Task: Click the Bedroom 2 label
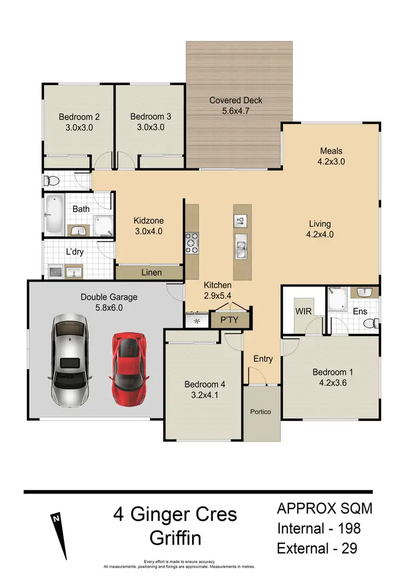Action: click(x=79, y=117)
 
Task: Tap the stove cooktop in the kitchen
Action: click(x=193, y=243)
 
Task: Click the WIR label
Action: click(x=303, y=311)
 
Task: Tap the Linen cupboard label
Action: click(x=151, y=272)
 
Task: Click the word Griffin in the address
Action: click(x=175, y=538)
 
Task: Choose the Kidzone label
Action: click(x=149, y=220)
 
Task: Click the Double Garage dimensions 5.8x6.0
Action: click(x=109, y=308)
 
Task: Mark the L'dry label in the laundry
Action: click(x=73, y=252)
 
